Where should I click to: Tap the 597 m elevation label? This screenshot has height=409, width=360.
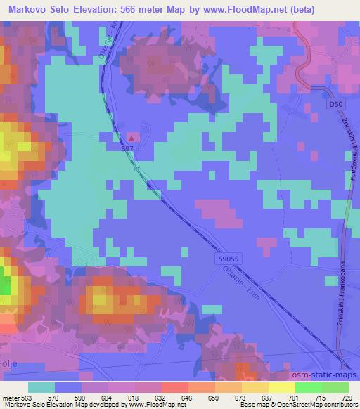132,148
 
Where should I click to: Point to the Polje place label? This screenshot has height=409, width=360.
12,363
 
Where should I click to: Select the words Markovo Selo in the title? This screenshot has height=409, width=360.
39,8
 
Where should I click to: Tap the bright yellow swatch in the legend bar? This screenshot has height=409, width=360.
282,387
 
